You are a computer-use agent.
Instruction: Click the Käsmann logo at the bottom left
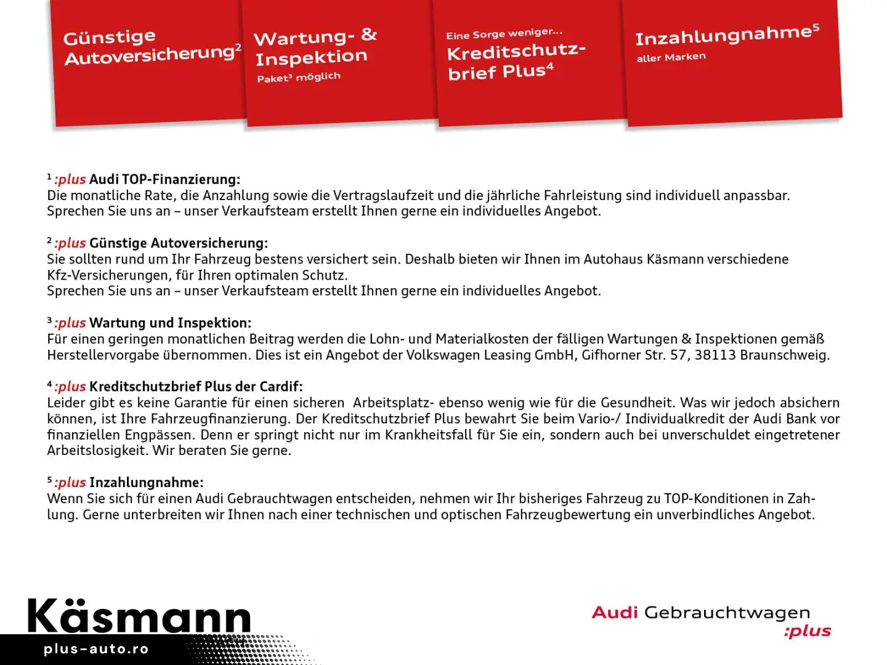point(139,616)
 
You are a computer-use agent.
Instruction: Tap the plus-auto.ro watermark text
point(96,649)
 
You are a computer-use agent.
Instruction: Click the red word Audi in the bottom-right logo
point(614,613)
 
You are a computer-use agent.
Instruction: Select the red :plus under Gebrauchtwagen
point(807,632)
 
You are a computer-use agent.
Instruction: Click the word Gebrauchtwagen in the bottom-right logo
point(727,613)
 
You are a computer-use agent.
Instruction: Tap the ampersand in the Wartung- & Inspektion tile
point(369,34)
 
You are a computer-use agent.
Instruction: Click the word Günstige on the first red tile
point(109,38)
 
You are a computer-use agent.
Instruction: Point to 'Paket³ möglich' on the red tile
point(298,78)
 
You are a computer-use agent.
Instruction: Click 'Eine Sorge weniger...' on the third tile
point(504,34)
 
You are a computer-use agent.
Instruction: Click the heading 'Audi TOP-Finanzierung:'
point(164,180)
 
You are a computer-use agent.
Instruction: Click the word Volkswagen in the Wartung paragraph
point(443,355)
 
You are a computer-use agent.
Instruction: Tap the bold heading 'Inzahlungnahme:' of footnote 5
point(146,483)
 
